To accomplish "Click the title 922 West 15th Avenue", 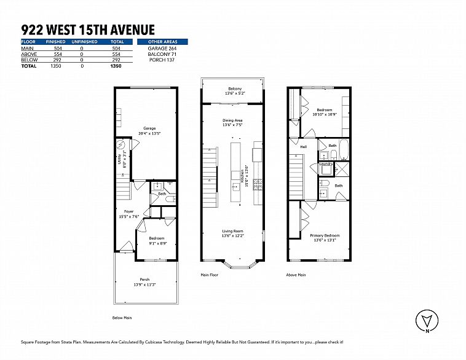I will click(x=87, y=29).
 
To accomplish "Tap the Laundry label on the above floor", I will click(x=326, y=164).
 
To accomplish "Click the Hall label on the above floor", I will click(x=303, y=147).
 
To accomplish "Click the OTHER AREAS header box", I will click(x=163, y=42).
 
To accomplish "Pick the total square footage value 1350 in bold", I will click(x=116, y=65).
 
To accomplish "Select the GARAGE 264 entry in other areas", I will click(x=163, y=48).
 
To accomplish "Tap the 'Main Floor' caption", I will click(x=210, y=275).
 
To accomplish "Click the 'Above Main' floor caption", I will click(x=296, y=275).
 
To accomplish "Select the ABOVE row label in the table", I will click(x=28, y=54).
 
